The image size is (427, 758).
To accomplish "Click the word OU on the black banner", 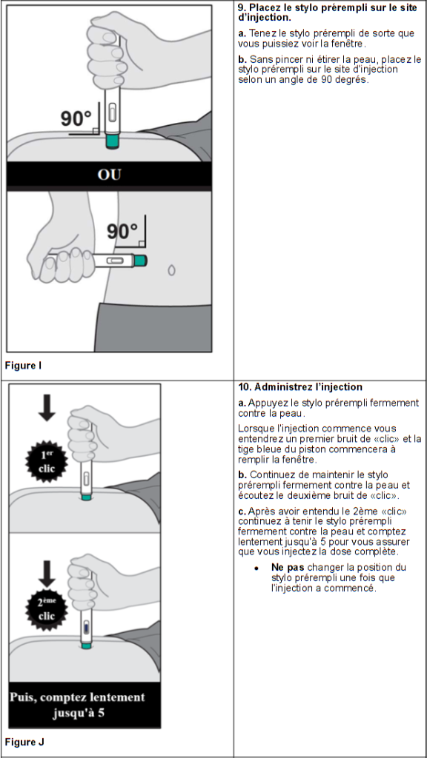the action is [109, 174].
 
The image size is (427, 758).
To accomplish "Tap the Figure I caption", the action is [23, 365].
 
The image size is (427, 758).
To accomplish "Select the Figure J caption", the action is [24, 741].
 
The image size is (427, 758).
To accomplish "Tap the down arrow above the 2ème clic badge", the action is [47, 574].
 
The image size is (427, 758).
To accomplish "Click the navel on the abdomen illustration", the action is [171, 269].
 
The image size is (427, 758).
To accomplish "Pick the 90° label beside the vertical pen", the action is [76, 118].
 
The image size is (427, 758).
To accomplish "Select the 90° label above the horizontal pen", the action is [122, 232].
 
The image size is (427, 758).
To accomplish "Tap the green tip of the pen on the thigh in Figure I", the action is [113, 141].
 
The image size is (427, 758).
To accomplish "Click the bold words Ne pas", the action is [284, 567].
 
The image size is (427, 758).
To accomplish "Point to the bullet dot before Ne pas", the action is [256, 568].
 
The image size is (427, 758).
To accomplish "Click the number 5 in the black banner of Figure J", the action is [101, 714].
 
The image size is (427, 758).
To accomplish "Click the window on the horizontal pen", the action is [113, 261].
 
